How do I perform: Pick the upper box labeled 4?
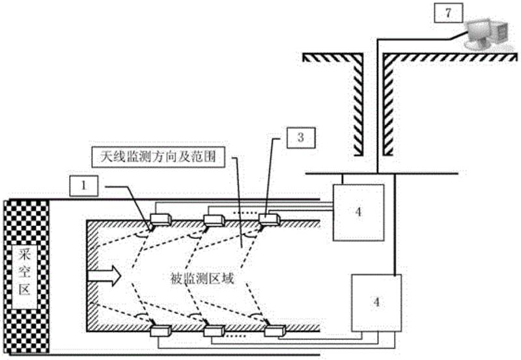click(x=358, y=212)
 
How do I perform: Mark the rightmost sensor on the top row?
click(x=268, y=219)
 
